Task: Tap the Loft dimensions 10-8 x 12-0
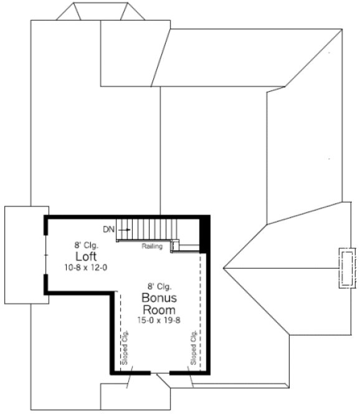tap(85, 267)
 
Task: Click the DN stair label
tap(109, 229)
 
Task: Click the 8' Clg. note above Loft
tap(85, 245)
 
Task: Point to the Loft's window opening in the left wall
tap(45, 256)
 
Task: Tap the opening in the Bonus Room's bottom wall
tap(160, 373)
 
